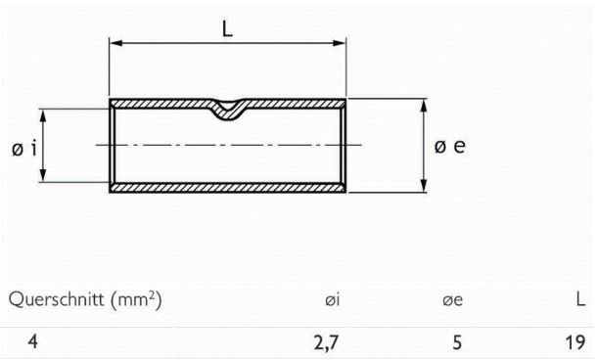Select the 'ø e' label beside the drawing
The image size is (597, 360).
click(450, 147)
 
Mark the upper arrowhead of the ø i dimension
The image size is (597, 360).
click(44, 113)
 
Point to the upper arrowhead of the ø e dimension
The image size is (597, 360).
click(423, 103)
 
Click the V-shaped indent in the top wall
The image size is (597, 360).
click(227, 110)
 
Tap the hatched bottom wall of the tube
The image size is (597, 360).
click(227, 188)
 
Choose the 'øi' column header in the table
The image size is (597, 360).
click(333, 298)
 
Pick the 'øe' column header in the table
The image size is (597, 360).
click(451, 298)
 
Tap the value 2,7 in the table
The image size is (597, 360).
click(328, 342)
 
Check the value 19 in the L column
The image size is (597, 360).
click(575, 342)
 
